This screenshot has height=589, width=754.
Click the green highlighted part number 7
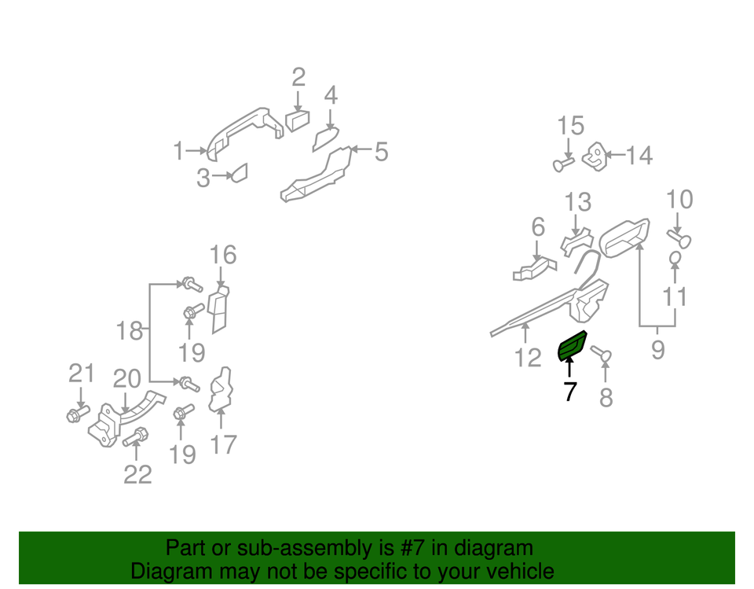click(x=571, y=345)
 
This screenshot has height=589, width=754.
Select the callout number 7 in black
click(x=570, y=392)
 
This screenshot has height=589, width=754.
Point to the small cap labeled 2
click(x=298, y=120)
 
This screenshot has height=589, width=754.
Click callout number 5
click(x=382, y=152)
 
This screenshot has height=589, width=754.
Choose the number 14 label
click(x=639, y=156)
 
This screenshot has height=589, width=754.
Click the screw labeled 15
click(x=563, y=164)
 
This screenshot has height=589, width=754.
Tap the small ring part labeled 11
click(x=675, y=258)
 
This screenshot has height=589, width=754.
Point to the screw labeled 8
click(x=601, y=355)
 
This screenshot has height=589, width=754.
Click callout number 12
click(x=528, y=358)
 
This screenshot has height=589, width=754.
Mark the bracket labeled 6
click(x=534, y=269)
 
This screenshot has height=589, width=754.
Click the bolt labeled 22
click(x=135, y=436)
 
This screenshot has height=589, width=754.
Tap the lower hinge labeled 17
click(x=221, y=391)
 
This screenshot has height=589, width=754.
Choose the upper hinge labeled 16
click(x=218, y=309)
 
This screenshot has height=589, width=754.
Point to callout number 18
click(x=130, y=331)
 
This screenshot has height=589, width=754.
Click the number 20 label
click(x=127, y=379)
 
